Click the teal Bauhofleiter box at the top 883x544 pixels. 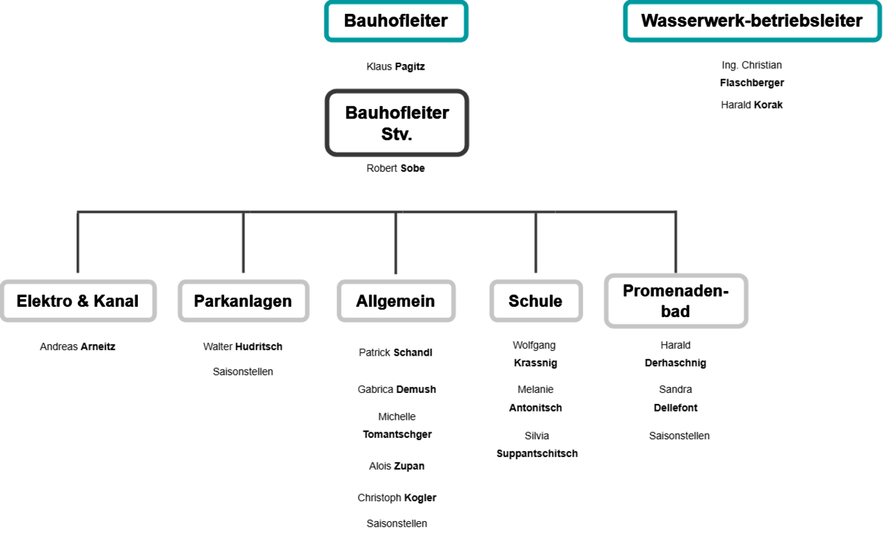coord(396,21)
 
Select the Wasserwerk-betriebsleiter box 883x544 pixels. coord(751,21)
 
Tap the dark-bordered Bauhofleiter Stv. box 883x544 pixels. coord(397,123)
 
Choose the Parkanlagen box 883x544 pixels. coord(243,301)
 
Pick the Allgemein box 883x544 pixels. coord(395,301)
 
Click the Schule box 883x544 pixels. coord(535,301)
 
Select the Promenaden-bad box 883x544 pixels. coord(675,301)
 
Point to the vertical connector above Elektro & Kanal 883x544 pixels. coord(78,243)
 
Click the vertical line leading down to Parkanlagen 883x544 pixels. coord(243,243)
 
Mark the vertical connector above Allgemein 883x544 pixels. coord(395,243)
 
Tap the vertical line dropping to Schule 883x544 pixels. coord(535,243)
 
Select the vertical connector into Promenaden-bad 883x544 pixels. coord(676,243)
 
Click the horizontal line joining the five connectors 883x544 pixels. coord(317,212)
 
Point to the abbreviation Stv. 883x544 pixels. coord(397,134)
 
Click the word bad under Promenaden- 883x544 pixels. coord(675,312)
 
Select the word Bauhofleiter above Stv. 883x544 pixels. coord(397,112)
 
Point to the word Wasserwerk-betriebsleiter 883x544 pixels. coord(751,21)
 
